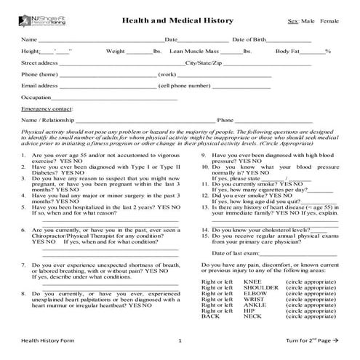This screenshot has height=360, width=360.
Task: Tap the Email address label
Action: (40, 85)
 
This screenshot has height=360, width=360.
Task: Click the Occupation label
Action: (36, 97)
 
